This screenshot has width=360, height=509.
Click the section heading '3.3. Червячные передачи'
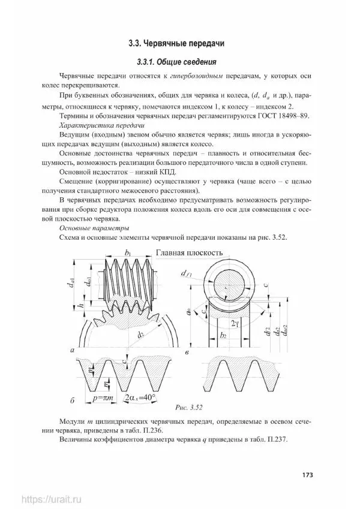click(x=180, y=43)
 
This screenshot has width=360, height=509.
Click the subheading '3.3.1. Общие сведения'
click(x=180, y=62)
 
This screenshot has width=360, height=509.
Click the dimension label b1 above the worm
click(x=127, y=254)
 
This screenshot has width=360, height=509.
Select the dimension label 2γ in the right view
click(x=236, y=324)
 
